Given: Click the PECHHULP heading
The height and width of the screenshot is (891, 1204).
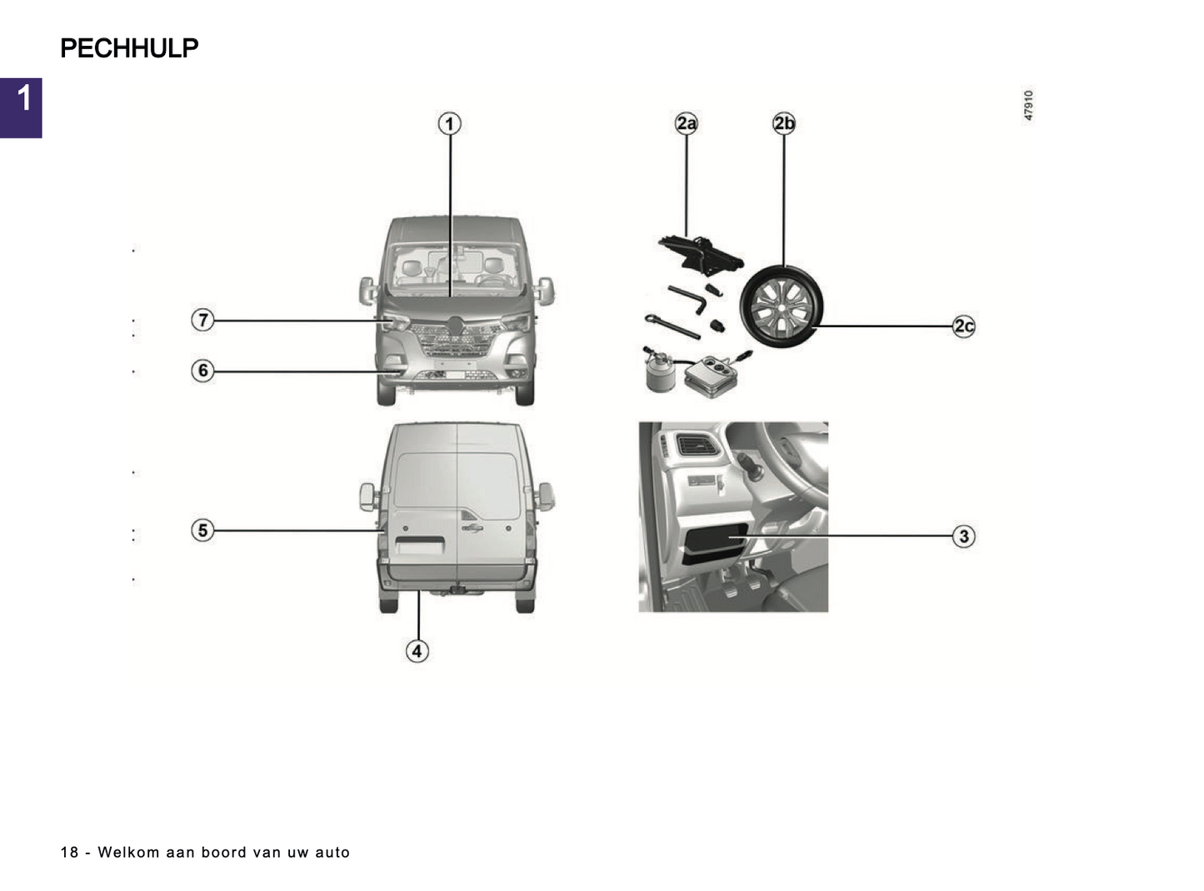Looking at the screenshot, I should click(x=129, y=48).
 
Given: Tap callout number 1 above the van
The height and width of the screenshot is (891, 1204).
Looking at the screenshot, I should click(x=450, y=124).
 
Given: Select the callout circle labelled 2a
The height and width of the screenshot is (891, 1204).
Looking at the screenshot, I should click(x=686, y=124).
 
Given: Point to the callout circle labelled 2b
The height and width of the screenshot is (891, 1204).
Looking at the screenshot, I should click(x=784, y=124).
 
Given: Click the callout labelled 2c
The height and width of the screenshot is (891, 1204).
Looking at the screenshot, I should click(x=964, y=326).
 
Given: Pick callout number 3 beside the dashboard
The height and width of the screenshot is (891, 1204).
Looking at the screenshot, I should click(x=964, y=536).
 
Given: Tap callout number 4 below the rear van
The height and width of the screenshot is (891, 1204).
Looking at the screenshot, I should click(x=417, y=651).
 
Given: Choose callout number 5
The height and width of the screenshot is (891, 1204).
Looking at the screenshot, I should click(x=202, y=530).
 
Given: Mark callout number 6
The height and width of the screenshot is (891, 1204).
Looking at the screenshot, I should click(x=202, y=371).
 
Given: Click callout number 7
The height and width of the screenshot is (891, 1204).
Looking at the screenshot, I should click(x=202, y=320).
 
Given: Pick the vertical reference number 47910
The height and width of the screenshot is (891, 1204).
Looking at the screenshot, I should click(x=1029, y=106).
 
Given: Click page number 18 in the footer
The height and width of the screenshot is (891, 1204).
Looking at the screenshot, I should click(x=69, y=853).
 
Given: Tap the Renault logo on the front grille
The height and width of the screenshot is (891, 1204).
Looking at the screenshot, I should click(x=455, y=326).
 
